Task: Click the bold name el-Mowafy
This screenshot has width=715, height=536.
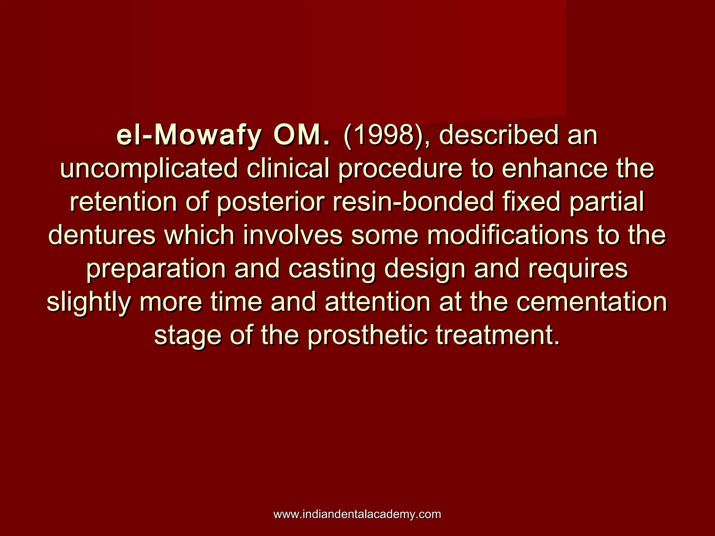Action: (x=189, y=136)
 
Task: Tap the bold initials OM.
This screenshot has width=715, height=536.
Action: (x=301, y=136)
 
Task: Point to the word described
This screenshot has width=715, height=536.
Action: (x=499, y=136)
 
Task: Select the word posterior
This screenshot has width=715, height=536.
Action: (x=271, y=202)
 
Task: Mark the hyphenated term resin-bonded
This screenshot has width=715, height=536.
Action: (x=413, y=202)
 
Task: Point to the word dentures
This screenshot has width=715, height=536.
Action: (x=102, y=236)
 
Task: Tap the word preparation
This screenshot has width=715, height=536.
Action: (x=156, y=269)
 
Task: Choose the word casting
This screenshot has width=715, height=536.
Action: (x=332, y=269)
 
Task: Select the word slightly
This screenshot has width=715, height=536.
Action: (x=89, y=302)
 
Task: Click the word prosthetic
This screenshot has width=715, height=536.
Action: (x=368, y=335)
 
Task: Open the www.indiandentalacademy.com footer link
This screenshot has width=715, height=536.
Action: (x=357, y=514)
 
